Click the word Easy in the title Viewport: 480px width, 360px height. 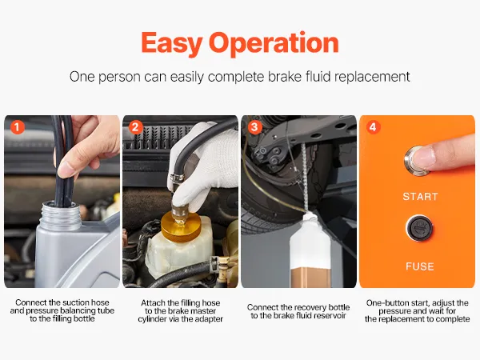(x=171, y=43)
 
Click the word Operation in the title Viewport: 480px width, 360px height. (x=274, y=43)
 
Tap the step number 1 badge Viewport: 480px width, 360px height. (x=17, y=127)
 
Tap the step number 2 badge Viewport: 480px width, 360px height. (x=136, y=127)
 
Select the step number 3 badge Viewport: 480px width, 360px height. (x=254, y=127)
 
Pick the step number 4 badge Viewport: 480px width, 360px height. (x=373, y=127)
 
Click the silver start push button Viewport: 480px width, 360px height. (x=417, y=161)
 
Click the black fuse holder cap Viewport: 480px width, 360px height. (x=419, y=228)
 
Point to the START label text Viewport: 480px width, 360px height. (x=420, y=197)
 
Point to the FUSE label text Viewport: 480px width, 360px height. (x=420, y=266)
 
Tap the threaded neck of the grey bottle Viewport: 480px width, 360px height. (x=60, y=216)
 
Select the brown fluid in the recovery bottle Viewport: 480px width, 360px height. (x=310, y=278)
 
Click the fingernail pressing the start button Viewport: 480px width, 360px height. (x=423, y=156)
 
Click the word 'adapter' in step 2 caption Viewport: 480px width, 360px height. (x=210, y=319)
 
